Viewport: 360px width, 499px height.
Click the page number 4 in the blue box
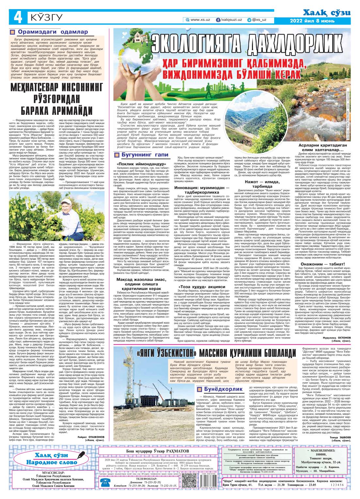[16, 17]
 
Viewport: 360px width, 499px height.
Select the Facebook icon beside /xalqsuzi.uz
[218, 20]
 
